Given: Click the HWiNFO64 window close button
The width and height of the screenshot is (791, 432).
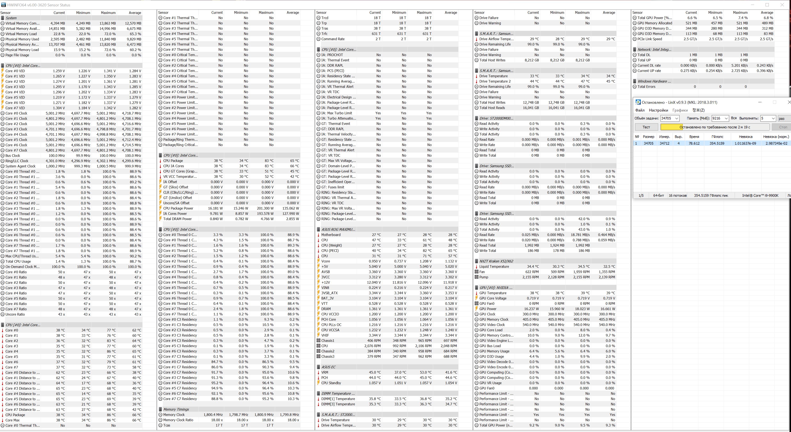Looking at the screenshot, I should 782,5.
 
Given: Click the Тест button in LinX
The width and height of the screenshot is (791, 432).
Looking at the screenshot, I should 646,127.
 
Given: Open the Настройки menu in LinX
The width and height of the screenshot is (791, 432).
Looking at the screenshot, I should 658,110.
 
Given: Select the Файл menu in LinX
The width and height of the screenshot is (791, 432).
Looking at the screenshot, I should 640,110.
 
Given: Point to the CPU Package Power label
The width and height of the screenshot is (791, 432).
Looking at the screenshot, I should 178,208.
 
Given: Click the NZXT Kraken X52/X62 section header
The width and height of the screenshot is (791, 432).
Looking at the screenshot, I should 496,261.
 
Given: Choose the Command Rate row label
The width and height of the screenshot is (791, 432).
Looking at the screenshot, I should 333,39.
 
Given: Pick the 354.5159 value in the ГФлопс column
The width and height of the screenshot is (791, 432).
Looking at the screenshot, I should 717,143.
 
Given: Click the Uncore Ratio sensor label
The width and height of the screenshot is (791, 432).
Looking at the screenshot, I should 15,314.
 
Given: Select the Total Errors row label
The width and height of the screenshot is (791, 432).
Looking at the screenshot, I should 646,87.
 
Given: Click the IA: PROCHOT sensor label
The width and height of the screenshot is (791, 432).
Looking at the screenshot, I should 332,55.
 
